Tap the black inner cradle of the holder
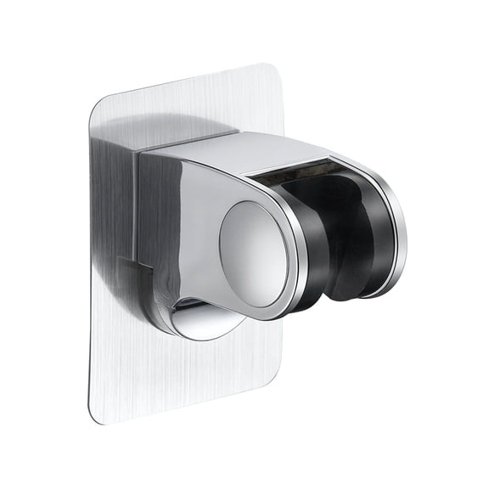click(x=340, y=238)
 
